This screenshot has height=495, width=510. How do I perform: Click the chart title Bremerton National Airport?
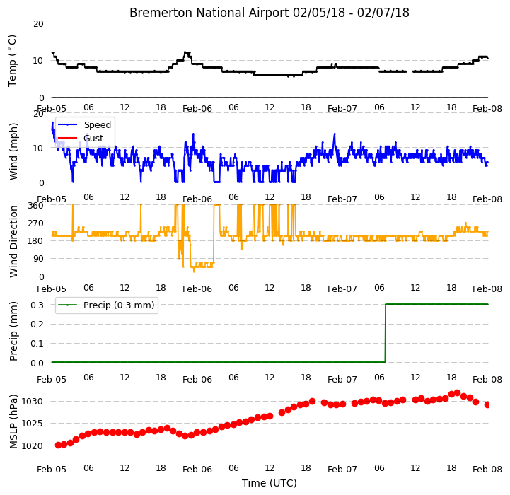(209, 13)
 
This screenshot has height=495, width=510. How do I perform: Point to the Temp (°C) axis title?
(12, 61)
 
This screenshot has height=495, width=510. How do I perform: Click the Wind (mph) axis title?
(13, 151)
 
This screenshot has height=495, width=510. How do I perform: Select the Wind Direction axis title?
(13, 241)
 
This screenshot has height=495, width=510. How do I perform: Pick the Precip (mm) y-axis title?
(13, 332)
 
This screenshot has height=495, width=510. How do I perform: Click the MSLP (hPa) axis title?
(13, 421)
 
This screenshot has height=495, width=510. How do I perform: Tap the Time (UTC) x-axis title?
(270, 483)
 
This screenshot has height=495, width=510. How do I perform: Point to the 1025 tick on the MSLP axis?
(33, 424)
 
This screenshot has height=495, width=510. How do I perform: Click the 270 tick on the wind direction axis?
(36, 223)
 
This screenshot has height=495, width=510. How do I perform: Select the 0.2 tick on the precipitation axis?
(37, 325)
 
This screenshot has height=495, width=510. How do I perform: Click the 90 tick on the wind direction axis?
(38, 259)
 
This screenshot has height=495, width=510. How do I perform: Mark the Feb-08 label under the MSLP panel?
(487, 470)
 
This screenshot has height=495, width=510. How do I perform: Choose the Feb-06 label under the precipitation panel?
(197, 380)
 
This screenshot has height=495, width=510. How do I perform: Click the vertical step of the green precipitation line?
(386, 333)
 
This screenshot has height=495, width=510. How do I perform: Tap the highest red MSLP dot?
(458, 393)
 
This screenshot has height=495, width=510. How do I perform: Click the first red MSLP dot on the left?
(58, 445)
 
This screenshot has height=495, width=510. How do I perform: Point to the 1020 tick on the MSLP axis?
(33, 445)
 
